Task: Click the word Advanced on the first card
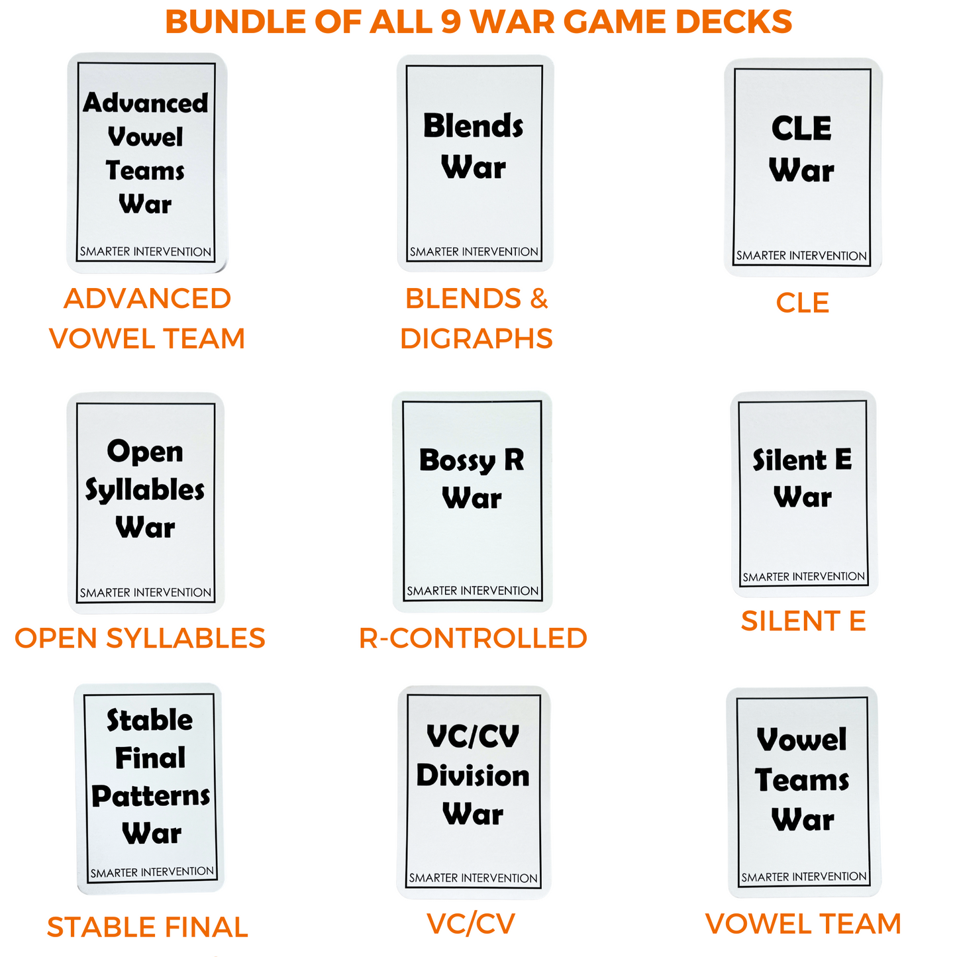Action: pyautogui.click(x=146, y=103)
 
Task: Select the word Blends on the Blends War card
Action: pyautogui.click(x=474, y=126)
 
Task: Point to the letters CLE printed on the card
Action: pyautogui.click(x=801, y=128)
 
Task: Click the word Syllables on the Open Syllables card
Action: pyautogui.click(x=145, y=491)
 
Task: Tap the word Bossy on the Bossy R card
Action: pyautogui.click(x=457, y=460)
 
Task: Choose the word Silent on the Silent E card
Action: pyautogui.click(x=790, y=460)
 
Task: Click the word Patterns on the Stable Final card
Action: pyautogui.click(x=151, y=796)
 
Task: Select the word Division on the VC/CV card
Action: pyautogui.click(x=473, y=776)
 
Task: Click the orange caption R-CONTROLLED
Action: pyautogui.click(x=473, y=638)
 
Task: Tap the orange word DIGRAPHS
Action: pyautogui.click(x=476, y=338)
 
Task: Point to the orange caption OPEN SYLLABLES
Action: pyautogui.click(x=140, y=638)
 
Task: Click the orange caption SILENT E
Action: pyautogui.click(x=803, y=621)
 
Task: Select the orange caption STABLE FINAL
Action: pyautogui.click(x=147, y=927)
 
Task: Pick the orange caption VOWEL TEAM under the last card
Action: pyautogui.click(x=803, y=924)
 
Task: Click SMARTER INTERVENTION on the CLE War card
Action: pyautogui.click(x=801, y=256)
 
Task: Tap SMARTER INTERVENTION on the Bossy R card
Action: pyautogui.click(x=473, y=591)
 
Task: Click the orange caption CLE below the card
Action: pyautogui.click(x=802, y=303)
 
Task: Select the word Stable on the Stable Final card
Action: pyautogui.click(x=150, y=721)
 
